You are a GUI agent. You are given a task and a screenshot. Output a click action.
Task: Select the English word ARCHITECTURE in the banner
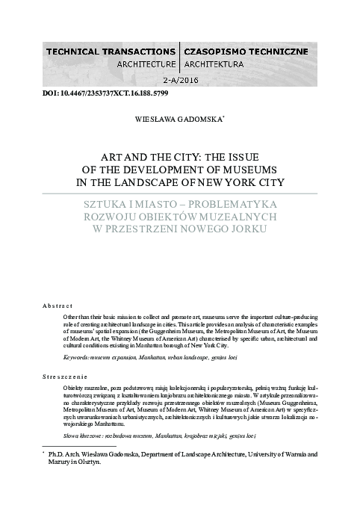142,64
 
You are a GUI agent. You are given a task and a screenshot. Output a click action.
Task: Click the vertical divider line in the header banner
179,58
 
